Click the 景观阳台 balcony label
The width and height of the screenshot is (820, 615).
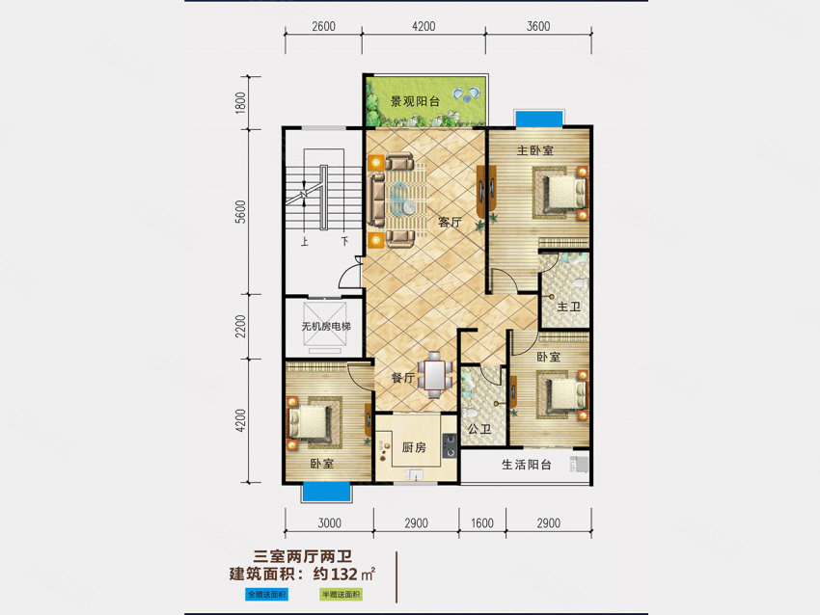point(415,99)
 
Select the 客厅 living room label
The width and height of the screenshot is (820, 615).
point(450,223)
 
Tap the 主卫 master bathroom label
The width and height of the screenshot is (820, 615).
point(567,307)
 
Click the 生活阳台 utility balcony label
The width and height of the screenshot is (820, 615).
point(526,466)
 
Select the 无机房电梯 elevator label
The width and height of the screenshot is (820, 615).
point(325,327)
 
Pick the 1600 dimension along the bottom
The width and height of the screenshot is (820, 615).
point(481,523)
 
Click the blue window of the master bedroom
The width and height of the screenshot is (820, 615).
point(538,118)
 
